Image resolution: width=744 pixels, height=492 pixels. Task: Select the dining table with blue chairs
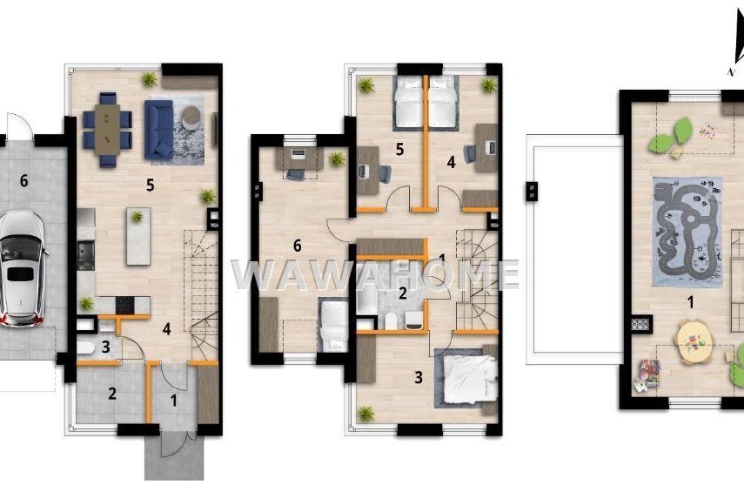(107, 130)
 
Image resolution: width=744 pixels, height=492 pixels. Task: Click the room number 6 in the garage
(23, 180)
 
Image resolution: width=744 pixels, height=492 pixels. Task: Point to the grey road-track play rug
(687, 232)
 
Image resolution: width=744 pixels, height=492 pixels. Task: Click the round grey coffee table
(191, 117)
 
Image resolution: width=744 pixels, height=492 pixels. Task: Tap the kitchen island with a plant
(138, 236)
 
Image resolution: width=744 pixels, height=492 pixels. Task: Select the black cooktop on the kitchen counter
(125, 305)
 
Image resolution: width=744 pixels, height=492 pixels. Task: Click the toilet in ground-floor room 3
(85, 348)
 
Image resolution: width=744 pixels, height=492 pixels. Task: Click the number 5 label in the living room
(150, 185)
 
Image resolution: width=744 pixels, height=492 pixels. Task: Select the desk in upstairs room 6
(299, 158)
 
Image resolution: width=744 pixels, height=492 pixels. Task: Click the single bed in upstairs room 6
(333, 324)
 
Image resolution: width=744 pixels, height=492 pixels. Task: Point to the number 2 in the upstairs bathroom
(402, 293)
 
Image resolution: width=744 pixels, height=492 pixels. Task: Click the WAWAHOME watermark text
(375, 274)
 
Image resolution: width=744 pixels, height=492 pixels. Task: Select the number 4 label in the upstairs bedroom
(451, 163)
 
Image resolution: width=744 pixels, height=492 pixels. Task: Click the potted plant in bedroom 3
(365, 414)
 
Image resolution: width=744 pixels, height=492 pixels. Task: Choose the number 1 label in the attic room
(690, 302)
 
